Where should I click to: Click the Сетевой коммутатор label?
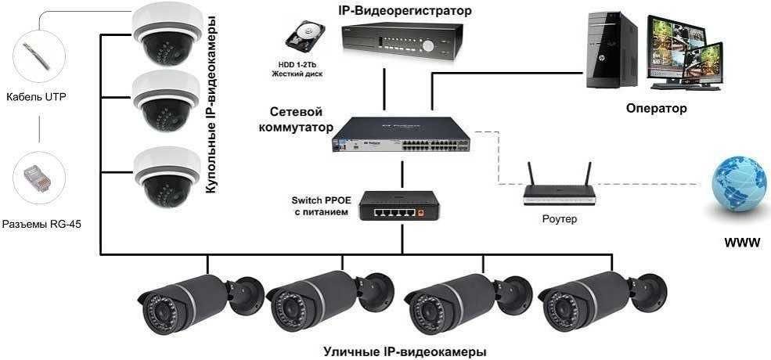295,119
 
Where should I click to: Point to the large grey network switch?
400,137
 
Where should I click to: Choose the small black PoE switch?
397,207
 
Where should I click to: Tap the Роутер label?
559,219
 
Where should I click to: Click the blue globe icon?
738,189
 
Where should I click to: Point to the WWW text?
742,243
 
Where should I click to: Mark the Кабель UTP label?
36,97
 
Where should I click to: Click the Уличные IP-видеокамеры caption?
405,351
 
